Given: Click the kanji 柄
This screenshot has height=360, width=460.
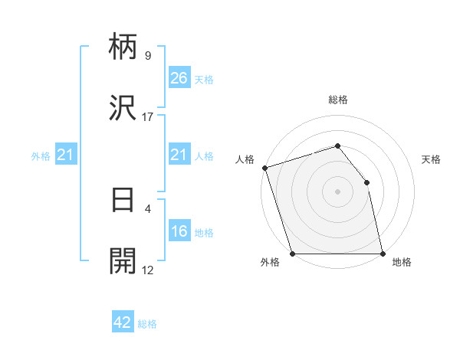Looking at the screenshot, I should click(x=123, y=47).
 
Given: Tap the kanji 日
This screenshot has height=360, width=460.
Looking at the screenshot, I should click(x=123, y=200).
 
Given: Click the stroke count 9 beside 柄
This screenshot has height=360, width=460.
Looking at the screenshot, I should click(x=147, y=56).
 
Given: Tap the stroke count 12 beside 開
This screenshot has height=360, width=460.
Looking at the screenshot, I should click(x=147, y=270).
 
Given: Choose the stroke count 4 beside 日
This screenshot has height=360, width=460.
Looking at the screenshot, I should click(x=147, y=208).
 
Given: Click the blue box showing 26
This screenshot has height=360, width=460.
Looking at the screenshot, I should click(x=179, y=78).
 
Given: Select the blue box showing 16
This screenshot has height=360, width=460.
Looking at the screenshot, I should click(x=179, y=231).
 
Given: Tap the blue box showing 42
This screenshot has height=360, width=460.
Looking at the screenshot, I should click(x=123, y=322).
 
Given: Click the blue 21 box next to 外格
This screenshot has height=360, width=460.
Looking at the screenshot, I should click(x=67, y=155).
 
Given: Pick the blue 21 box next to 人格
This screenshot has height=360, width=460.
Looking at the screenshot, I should click(x=179, y=155).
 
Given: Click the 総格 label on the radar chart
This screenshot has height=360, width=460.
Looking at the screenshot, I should click(x=338, y=100).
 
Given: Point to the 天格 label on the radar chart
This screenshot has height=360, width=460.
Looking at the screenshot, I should click(x=432, y=159).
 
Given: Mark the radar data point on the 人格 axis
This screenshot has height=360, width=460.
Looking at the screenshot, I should click(x=264, y=168).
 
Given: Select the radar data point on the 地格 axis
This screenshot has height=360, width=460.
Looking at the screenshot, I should click(x=383, y=254).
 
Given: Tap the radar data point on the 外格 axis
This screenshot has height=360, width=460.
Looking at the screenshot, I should click(x=292, y=254).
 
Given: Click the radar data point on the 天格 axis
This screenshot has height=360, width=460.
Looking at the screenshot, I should click(x=366, y=182).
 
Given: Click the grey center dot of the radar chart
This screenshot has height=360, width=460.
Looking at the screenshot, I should click(x=337, y=191).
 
